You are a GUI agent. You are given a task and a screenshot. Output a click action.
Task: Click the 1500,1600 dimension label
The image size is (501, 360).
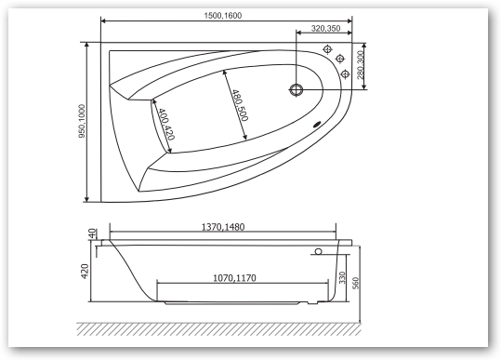pos(223,15)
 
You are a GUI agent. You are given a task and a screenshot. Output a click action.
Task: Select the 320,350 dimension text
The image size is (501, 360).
pos(325,29)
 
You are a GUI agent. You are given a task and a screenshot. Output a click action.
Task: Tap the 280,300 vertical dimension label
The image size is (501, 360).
pos(361,64)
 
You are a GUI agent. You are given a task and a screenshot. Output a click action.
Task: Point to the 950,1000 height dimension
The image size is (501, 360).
pos(82,121)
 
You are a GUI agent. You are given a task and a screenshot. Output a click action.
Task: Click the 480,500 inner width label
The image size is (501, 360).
pos(240,105)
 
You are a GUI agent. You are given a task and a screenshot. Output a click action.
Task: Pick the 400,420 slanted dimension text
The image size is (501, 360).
pos(166,124)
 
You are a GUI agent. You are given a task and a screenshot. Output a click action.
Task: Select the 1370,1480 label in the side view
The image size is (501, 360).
pos(223,227)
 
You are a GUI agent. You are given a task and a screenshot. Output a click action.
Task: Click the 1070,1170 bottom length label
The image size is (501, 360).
pos(234,278)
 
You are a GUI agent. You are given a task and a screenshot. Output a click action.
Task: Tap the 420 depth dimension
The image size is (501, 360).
pos(85,271)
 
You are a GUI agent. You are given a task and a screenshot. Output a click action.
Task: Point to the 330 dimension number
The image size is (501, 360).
pos(342,277)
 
